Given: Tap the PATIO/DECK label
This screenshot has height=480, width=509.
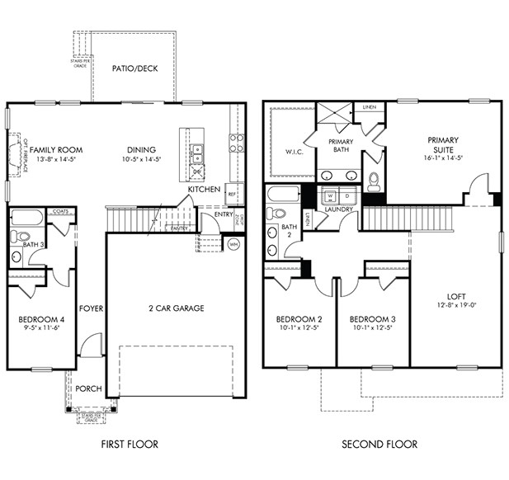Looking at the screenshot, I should coord(134,68).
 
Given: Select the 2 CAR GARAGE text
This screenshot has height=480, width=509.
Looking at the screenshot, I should coord(177,308).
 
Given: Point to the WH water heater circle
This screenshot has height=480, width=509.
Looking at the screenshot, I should coord(233,244).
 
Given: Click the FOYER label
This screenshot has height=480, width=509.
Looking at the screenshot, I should coord(91,308).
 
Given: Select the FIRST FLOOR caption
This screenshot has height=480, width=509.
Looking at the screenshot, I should coord(130,445).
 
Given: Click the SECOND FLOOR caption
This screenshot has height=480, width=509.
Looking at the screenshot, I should coord(380,445).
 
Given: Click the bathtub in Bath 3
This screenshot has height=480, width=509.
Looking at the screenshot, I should coord(26,219).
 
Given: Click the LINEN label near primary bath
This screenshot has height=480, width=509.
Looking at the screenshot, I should coord(369,107).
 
